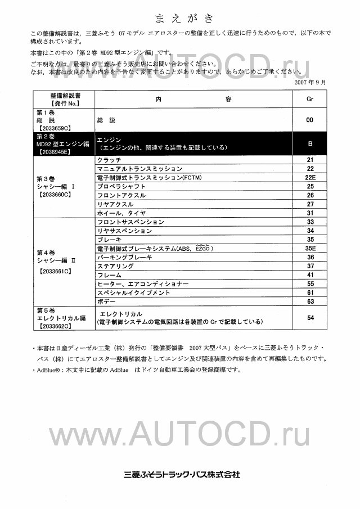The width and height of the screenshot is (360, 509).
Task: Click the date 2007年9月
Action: coord(310,82)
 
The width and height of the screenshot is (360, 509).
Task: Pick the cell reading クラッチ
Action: coord(109,160)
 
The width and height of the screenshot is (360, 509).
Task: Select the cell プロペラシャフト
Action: coord(121,186)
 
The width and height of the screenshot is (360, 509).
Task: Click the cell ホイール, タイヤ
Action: coord(121,213)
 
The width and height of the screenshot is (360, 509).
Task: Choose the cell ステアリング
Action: coord(115,265)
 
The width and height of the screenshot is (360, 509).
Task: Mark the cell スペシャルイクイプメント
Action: coord(133,292)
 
